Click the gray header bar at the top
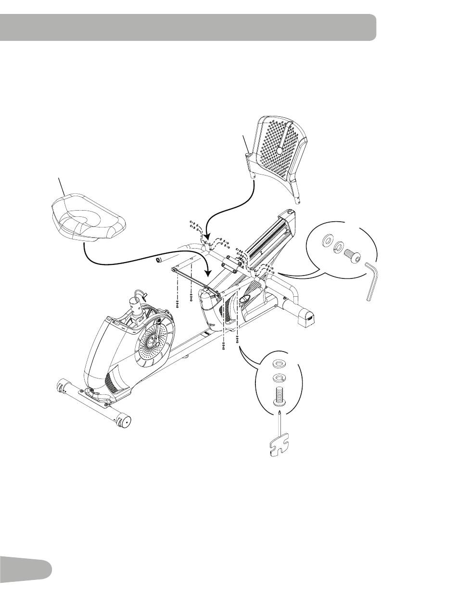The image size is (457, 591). pyautogui.click(x=188, y=27)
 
